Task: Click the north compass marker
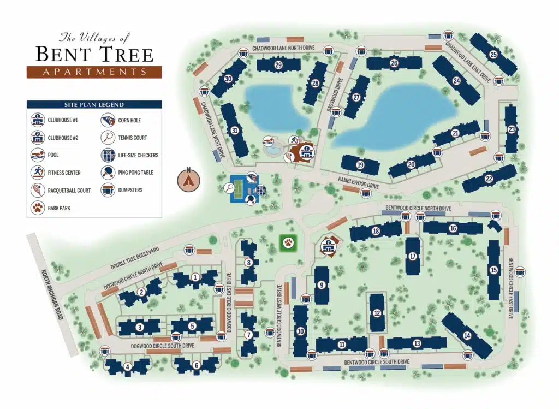pyautogui.click(x=189, y=179)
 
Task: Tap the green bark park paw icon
pyautogui.click(x=287, y=242)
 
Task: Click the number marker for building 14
pyautogui.click(x=467, y=335)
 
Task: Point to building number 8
pyautogui.click(x=249, y=263)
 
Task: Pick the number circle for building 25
pyautogui.click(x=493, y=54)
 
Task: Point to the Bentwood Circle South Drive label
pyautogui.click(x=376, y=362)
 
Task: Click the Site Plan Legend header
pyautogui.click(x=94, y=105)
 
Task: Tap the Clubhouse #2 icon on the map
pyautogui.click(x=329, y=246)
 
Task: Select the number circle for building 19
pyautogui.click(x=360, y=165)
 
